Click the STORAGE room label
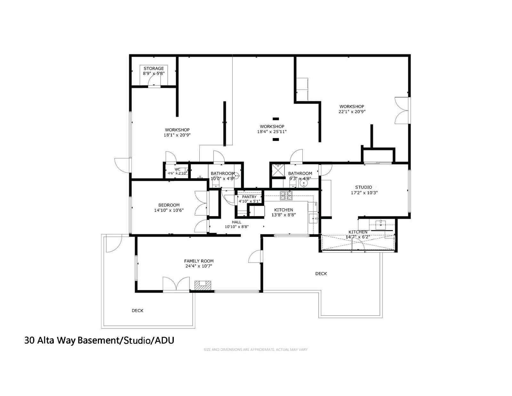pyautogui.click(x=154, y=69)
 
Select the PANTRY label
pyautogui.click(x=249, y=197)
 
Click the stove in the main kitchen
pyautogui.click(x=286, y=195)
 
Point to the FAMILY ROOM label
pyautogui.click(x=199, y=261)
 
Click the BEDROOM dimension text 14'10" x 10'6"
pyautogui.click(x=169, y=210)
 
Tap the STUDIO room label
pyautogui.click(x=364, y=187)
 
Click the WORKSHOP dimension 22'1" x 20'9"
pyautogui.click(x=352, y=112)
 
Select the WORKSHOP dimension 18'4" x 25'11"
pyautogui.click(x=272, y=132)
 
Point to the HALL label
pyautogui.click(x=237, y=222)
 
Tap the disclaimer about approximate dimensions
pyautogui.click(x=256, y=350)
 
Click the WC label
pyautogui.click(x=177, y=169)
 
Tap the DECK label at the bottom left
pyautogui.click(x=138, y=311)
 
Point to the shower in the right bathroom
pyautogui.click(x=277, y=170)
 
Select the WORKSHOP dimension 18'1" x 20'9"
pyautogui.click(x=177, y=135)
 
